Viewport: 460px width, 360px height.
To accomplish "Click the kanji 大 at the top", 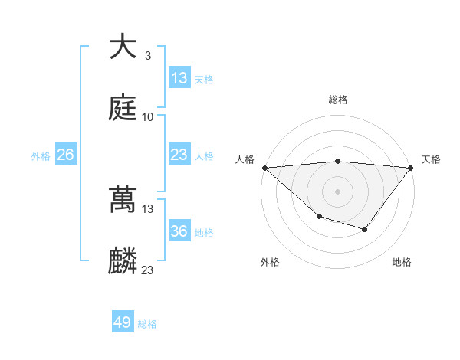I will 123,47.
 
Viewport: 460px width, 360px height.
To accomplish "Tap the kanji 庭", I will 123,108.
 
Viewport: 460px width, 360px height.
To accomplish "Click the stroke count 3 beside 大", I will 147,56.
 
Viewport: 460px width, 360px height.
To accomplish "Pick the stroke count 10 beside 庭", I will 147,116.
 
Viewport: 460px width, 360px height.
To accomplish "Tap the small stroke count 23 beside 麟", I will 147,270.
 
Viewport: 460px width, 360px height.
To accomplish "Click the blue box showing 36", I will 179,231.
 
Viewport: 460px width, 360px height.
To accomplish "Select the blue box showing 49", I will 123,322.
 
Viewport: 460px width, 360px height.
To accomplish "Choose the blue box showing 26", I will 65,155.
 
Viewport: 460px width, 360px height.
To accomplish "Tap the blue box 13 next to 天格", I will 179,78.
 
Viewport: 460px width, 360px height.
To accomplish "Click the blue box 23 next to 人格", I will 179,155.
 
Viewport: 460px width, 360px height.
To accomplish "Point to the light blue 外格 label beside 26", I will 41,155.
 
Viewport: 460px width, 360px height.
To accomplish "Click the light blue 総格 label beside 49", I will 147,323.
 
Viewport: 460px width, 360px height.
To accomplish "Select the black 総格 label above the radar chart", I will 337,100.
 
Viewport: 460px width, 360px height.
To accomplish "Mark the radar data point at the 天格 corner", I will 411,167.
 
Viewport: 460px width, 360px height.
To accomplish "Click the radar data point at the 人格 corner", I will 264,167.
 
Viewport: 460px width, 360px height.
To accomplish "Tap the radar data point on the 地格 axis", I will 365,229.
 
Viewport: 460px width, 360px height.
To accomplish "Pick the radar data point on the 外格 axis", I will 319,217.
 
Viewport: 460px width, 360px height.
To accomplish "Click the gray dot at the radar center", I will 337,191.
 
